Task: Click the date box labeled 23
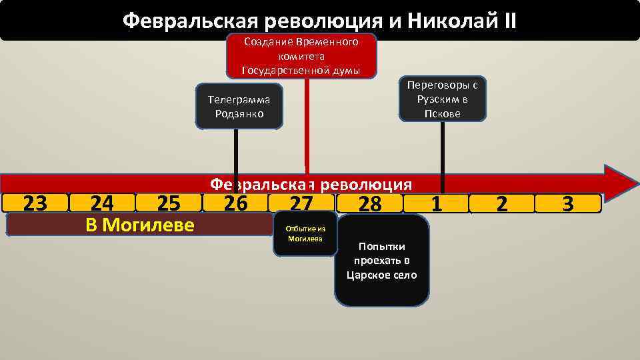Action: point(35,203)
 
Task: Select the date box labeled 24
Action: point(102,203)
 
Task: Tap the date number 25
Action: point(167,203)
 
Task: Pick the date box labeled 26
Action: point(235,203)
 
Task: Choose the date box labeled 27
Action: point(301,203)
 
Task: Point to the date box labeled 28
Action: point(369,203)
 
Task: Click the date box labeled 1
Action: point(436,203)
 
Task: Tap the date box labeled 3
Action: point(568,203)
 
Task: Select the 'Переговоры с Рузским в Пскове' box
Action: point(442,99)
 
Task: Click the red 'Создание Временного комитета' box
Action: point(302,55)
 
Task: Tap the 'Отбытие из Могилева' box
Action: point(305,234)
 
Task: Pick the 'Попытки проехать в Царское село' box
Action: point(381,260)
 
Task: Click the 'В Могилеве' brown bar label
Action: point(140,225)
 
